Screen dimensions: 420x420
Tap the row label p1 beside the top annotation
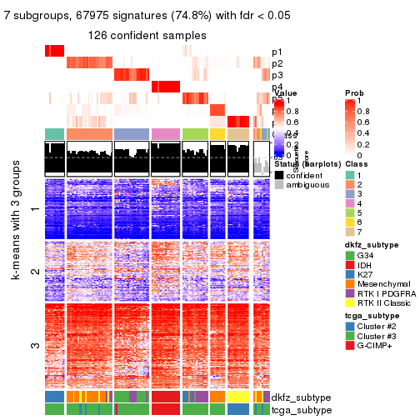(277, 52)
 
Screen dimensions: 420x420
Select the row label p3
(277, 75)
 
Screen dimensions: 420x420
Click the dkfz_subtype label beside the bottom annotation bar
(301, 397)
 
